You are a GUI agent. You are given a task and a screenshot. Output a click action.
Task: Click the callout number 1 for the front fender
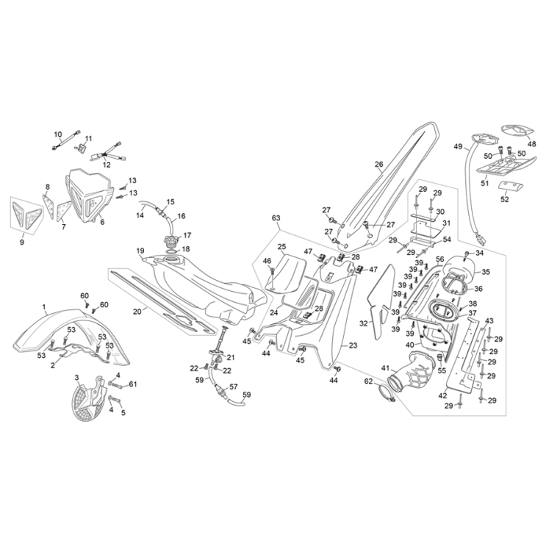click(43, 307)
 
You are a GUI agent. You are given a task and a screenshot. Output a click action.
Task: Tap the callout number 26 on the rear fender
click(379, 165)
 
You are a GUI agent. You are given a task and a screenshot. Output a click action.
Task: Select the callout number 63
click(276, 218)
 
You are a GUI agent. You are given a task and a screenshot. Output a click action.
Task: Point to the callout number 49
click(458, 147)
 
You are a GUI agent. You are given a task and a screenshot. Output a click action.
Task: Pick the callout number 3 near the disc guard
click(76, 377)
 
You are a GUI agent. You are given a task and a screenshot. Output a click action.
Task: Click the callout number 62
click(368, 381)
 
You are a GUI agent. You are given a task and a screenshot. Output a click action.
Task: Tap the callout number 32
click(362, 323)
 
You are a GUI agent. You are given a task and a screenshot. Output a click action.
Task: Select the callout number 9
click(21, 241)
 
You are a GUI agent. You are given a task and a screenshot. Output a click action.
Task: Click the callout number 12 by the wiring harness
click(107, 165)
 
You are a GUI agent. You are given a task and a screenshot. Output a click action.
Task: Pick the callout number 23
click(353, 345)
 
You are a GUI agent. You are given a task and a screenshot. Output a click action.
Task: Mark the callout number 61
click(133, 384)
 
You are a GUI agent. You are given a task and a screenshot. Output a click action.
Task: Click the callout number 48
click(532, 145)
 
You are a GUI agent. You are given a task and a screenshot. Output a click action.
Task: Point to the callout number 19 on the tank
click(139, 251)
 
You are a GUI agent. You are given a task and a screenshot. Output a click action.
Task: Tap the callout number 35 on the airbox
click(486, 272)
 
